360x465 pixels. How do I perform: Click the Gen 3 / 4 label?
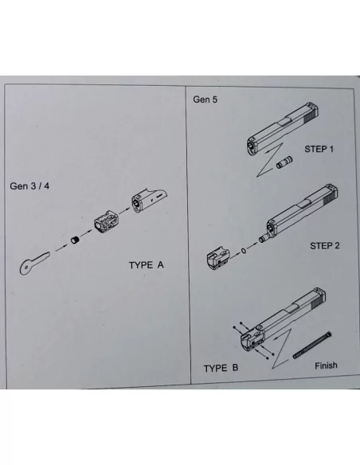[x=29, y=186]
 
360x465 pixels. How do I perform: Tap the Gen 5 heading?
[x=205, y=100]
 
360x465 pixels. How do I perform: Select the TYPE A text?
[x=147, y=265]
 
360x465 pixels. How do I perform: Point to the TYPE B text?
[x=221, y=368]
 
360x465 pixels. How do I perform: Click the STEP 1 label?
[x=319, y=149]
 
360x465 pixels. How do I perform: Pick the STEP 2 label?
[x=325, y=245]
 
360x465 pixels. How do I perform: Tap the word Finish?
[x=326, y=365]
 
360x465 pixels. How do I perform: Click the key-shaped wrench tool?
[x=33, y=263]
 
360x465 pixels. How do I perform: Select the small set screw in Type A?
[x=76, y=240]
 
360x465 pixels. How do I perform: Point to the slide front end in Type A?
[x=149, y=201]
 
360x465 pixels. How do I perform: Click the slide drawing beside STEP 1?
[x=282, y=129]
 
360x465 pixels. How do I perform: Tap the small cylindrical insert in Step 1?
[x=284, y=162]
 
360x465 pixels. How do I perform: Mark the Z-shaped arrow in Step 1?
[x=269, y=160]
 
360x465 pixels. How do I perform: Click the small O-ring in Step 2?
[x=244, y=251]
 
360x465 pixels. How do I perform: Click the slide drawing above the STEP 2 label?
[x=299, y=213]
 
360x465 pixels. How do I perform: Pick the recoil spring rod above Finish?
[x=312, y=346]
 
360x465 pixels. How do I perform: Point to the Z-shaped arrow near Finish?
[x=282, y=349]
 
